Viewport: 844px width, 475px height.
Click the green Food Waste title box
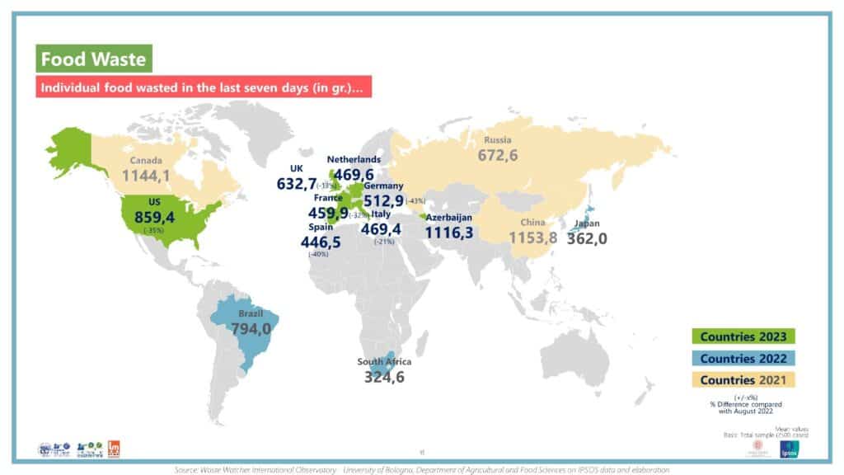coord(93,59)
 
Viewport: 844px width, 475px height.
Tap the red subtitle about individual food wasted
coord(203,87)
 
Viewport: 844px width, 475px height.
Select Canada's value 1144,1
coord(147,176)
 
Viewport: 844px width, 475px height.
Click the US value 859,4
coord(153,215)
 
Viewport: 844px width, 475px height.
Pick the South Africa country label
coord(384,362)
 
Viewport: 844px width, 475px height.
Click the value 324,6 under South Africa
coord(385,377)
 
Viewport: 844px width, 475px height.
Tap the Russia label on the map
coord(499,139)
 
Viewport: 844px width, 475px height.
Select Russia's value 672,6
coord(499,154)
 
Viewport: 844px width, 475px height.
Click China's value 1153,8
coord(533,237)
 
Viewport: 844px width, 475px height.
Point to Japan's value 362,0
coord(587,237)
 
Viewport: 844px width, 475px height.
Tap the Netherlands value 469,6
coord(354,174)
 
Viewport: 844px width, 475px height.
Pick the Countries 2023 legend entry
coord(743,336)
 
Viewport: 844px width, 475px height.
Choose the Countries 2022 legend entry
coord(743,358)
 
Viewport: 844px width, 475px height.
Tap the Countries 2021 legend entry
coord(743,380)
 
